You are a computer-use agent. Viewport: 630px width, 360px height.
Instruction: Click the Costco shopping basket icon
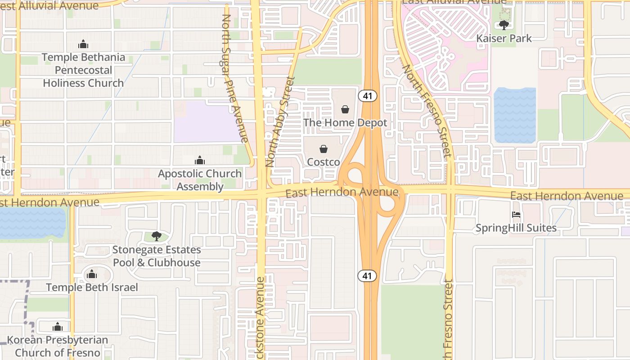323,149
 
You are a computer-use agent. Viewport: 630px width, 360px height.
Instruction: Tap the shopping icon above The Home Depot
345,109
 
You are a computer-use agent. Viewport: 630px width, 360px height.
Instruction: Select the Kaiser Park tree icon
504,25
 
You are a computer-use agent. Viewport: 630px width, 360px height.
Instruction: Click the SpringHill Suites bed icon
516,215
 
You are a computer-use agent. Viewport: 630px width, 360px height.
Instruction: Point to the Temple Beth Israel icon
92,274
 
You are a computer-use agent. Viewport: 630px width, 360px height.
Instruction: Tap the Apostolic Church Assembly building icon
199,160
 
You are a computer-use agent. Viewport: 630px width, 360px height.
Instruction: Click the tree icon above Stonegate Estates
156,236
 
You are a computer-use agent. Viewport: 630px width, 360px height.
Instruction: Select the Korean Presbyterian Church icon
58,327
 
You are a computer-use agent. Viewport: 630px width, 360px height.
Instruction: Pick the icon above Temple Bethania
83,44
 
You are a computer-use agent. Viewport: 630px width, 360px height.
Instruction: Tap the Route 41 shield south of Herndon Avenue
367,275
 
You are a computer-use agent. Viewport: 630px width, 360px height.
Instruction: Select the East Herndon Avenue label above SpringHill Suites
566,196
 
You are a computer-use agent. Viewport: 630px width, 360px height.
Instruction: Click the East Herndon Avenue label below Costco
342,193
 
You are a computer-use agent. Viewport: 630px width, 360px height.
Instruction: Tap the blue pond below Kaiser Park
515,115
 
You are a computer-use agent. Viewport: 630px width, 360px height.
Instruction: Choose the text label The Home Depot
345,122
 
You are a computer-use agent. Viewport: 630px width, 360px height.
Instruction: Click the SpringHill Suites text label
516,228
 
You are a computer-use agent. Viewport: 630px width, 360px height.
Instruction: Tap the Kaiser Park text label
504,39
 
